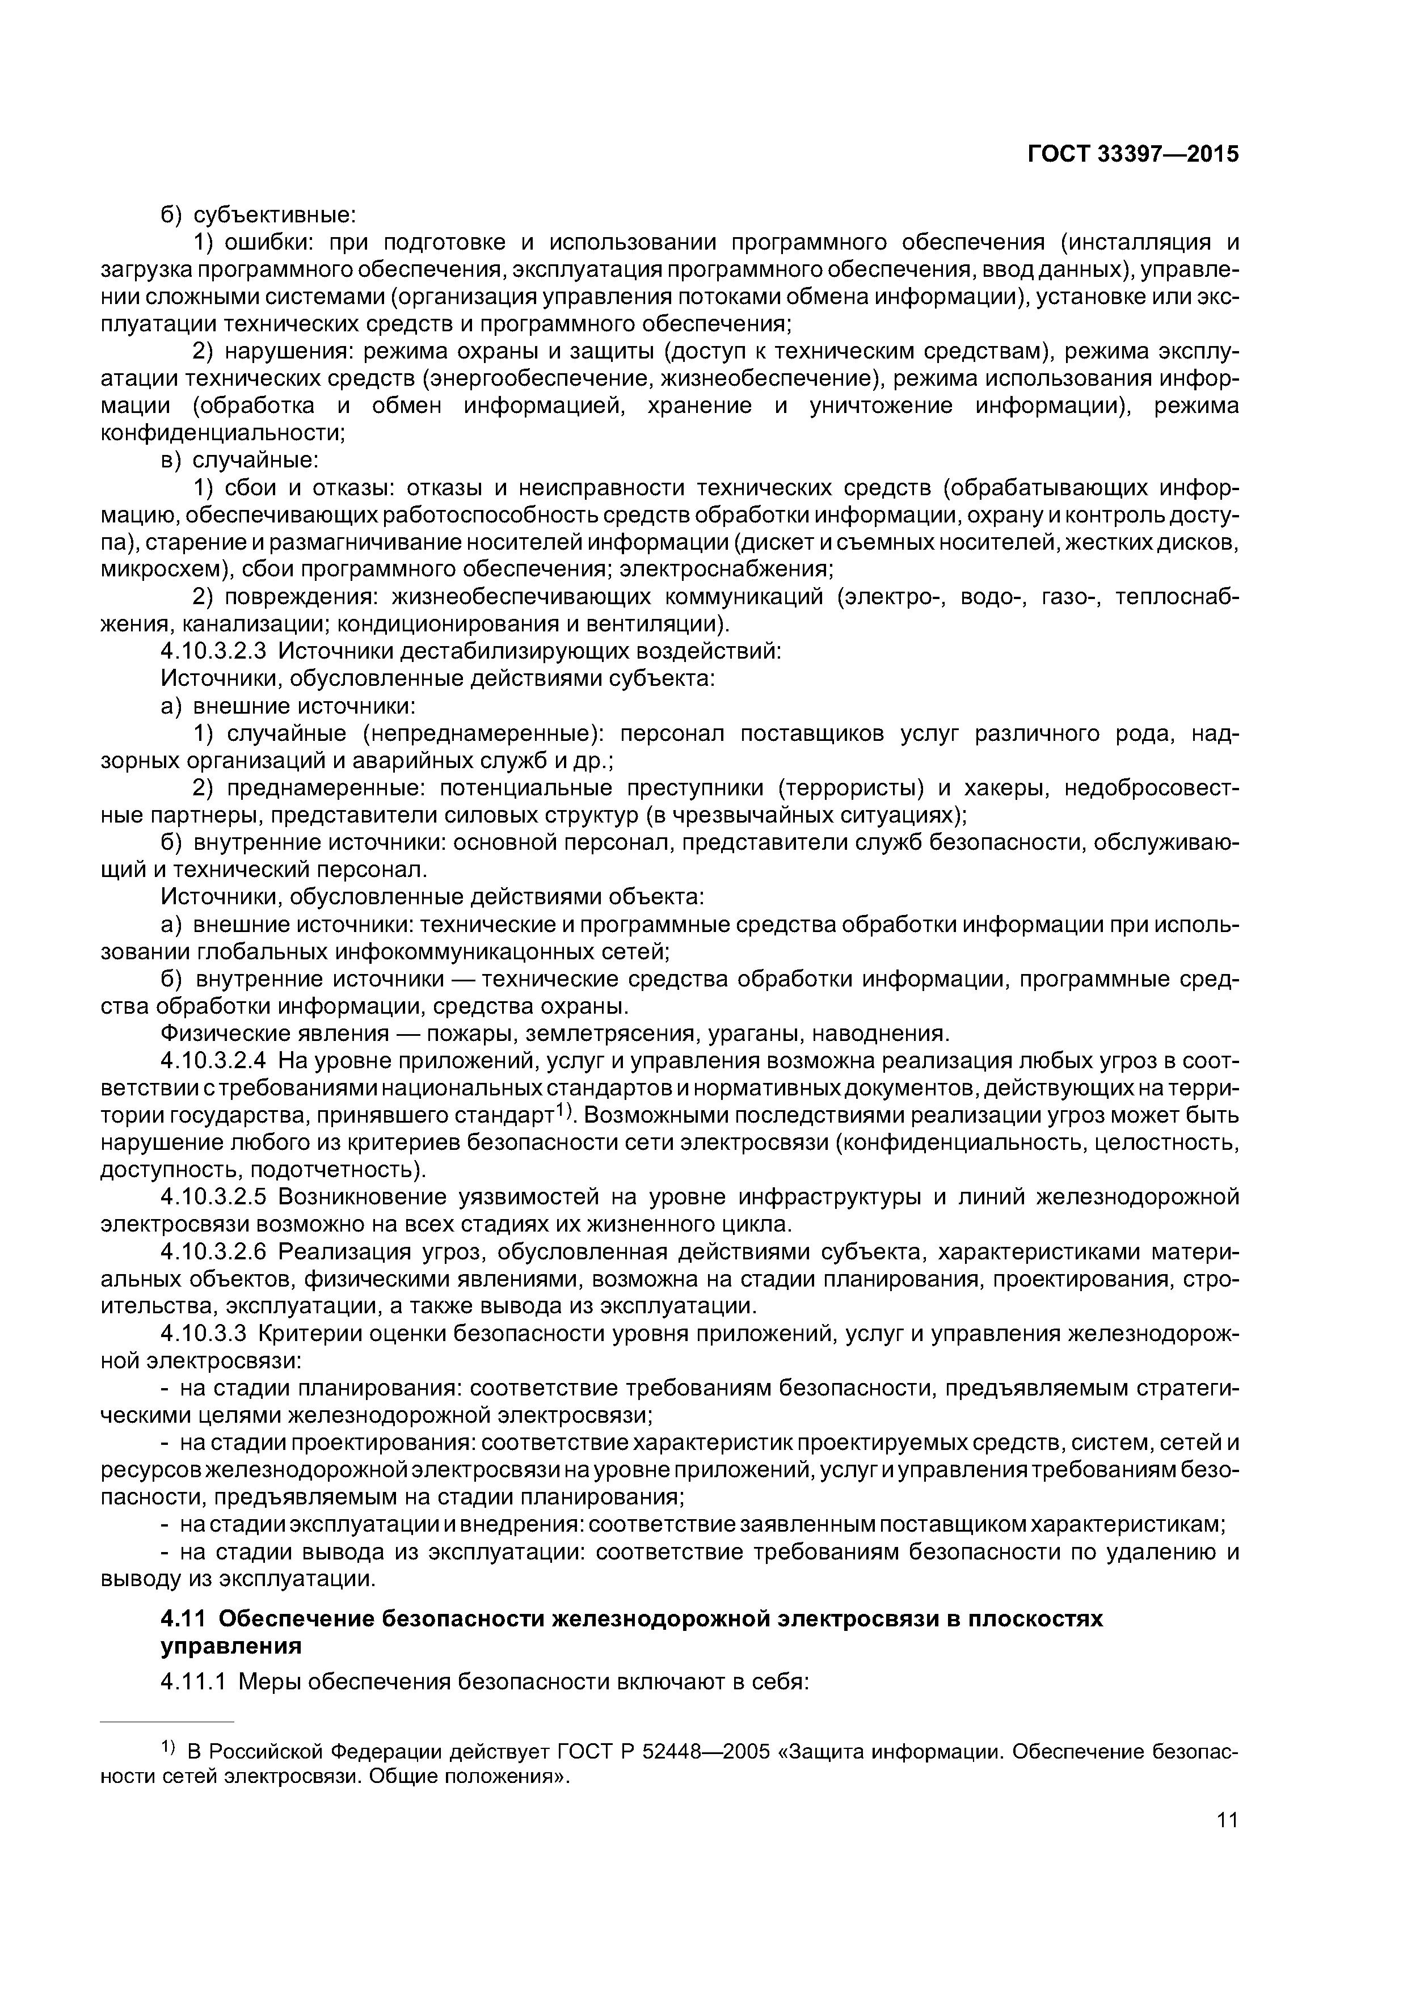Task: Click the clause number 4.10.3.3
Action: [x=197, y=1335]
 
